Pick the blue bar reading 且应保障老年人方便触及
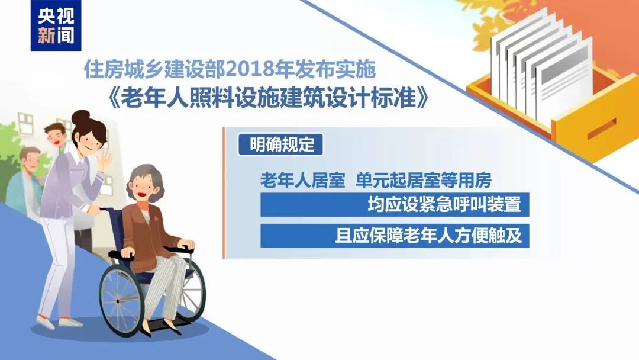coord(394,236)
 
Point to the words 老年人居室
coord(302,180)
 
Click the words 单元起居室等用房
coord(423,180)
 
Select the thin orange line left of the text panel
coord(224,192)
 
